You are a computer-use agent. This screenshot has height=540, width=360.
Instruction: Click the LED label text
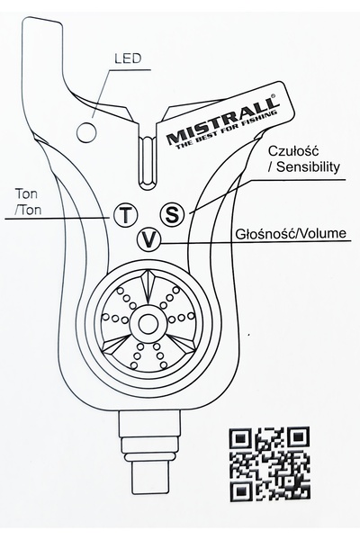point(128,58)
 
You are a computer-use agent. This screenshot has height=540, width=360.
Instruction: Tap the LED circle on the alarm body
point(86,132)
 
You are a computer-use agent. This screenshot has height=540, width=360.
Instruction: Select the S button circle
point(172,214)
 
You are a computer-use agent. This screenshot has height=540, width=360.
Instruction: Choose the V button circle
point(148,239)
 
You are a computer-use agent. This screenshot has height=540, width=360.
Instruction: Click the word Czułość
point(293,151)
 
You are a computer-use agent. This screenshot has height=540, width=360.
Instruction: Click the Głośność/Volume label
point(291,233)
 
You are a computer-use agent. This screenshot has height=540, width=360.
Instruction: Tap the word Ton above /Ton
point(26,193)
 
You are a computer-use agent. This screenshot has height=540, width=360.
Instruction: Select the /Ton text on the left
point(28,210)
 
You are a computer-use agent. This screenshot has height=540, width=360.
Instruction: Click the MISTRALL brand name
point(222,120)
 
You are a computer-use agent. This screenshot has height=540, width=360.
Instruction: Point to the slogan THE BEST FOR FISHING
point(226,130)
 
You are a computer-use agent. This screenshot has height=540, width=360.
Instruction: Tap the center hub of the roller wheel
point(148,323)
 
